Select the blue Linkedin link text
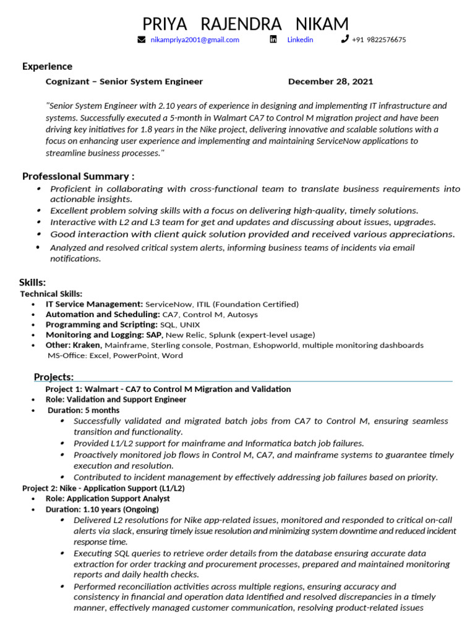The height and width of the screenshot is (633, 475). tap(300, 40)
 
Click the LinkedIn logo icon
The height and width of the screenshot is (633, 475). tap(273, 40)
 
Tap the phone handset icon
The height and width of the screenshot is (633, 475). tap(344, 40)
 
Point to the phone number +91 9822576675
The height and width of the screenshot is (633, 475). tap(379, 40)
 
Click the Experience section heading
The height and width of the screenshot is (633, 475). tap(47, 66)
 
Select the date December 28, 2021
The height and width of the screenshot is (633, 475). tap(330, 82)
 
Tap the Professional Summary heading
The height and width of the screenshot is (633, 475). tap(78, 176)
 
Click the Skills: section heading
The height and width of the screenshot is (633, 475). tap(32, 283)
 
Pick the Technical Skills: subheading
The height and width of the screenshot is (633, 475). tap(51, 294)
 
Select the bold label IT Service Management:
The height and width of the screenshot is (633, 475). tap(94, 304)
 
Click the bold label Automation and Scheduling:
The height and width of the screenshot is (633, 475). tap(99, 315)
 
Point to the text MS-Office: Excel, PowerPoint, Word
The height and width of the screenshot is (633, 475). tap(115, 355)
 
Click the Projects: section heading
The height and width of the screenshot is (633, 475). tap(54, 377)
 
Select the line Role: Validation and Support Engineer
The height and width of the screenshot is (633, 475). tap(116, 399)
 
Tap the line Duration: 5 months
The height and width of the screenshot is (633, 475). tap(83, 410)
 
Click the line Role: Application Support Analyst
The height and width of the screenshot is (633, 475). tap(108, 498)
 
